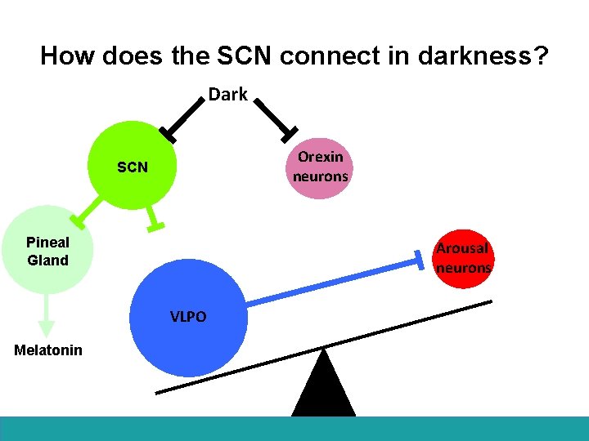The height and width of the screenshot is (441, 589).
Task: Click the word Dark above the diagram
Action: [x=227, y=94]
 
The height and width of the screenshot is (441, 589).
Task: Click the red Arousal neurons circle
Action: [x=462, y=258]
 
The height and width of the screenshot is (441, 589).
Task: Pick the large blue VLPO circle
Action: [x=188, y=317]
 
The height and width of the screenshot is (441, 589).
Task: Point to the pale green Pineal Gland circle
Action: [x=47, y=250]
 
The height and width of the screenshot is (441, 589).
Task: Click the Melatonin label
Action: [x=48, y=350]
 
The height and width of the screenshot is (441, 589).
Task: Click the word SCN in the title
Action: [x=237, y=56]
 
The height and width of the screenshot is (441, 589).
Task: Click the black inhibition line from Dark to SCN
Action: [x=185, y=116]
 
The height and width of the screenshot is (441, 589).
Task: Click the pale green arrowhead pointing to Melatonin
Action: [x=47, y=327]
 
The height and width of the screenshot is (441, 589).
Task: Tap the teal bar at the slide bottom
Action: [x=294, y=429]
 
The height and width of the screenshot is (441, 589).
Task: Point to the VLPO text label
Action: [x=188, y=317]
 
